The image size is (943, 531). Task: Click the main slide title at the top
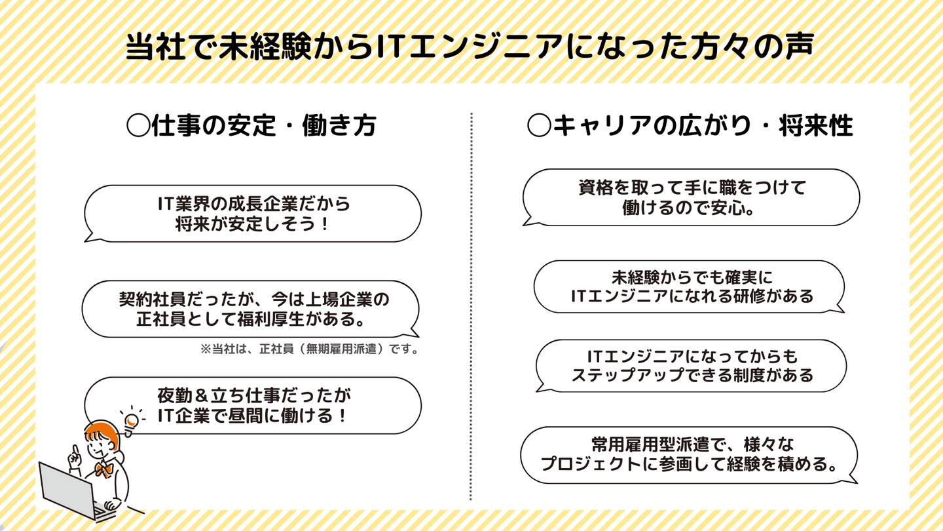470,49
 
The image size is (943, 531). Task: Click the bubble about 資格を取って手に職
691,197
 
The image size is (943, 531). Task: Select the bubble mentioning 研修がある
691,286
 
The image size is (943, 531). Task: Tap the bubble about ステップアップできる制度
691,366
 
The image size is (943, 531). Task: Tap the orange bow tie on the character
102,469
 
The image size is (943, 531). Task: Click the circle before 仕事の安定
138,125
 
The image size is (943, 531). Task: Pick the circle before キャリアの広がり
538,126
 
